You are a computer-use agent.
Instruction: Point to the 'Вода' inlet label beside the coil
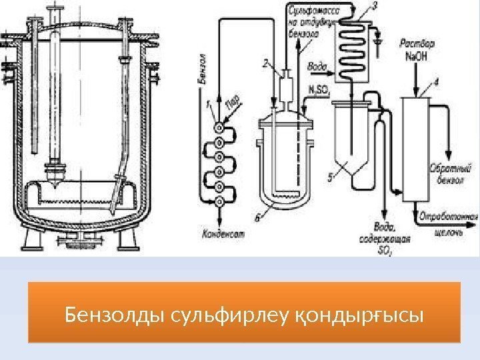(x=316, y=66)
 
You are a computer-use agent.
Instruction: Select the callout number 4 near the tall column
(x=436, y=83)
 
